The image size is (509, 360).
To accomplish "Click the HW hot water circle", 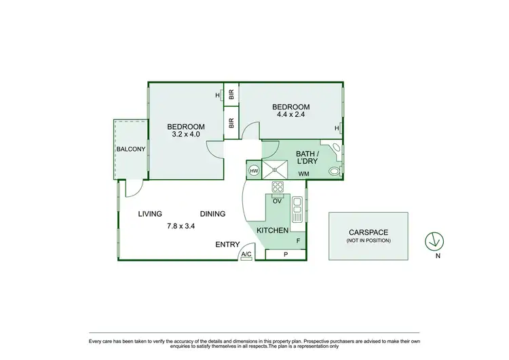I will [x=254, y=170].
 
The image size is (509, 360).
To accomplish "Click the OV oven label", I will [x=277, y=201].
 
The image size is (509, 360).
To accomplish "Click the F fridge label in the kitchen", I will [x=297, y=240].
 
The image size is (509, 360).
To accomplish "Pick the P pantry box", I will [x=285, y=255].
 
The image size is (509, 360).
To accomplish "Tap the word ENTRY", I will [x=227, y=244].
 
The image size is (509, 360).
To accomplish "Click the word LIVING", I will [x=150, y=213].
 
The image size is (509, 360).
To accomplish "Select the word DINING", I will [x=212, y=213].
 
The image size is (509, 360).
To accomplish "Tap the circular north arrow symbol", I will [x=434, y=240].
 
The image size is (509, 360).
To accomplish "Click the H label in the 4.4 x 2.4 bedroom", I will [x=336, y=128].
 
